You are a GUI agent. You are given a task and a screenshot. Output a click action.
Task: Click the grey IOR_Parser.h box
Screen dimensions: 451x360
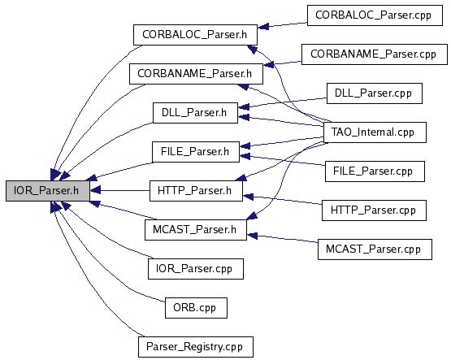[48, 191]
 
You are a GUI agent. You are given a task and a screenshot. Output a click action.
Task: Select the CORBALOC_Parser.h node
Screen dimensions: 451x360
[195, 35]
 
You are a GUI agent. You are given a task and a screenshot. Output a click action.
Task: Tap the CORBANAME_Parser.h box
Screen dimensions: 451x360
[196, 74]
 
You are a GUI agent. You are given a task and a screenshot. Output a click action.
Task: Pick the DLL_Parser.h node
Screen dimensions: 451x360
[195, 113]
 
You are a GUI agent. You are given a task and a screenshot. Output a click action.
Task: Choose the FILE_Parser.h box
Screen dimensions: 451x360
[196, 151]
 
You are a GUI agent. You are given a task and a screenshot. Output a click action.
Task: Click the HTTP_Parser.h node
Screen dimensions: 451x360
[196, 191]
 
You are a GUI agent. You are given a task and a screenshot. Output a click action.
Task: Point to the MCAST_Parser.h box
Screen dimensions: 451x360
[196, 230]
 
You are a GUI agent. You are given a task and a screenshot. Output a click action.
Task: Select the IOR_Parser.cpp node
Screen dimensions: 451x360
[196, 269]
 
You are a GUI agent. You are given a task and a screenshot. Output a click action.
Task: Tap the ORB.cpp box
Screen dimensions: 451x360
[196, 308]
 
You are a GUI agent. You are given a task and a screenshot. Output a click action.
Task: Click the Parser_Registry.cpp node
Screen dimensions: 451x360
[196, 347]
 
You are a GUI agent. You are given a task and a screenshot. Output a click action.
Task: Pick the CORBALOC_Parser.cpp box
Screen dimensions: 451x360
[375, 15]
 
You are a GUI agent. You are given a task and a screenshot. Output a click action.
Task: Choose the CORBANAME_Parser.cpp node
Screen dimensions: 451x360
[374, 54]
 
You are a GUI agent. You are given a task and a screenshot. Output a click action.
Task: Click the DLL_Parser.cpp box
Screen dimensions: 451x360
[374, 93]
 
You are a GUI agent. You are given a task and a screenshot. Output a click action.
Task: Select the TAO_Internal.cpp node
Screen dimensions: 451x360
[375, 132]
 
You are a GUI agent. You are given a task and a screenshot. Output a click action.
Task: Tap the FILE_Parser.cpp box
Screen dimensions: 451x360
[375, 171]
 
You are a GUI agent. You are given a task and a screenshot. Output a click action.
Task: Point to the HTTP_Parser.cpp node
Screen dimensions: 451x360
[374, 210]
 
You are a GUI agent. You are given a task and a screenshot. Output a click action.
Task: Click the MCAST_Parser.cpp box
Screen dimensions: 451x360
[375, 249]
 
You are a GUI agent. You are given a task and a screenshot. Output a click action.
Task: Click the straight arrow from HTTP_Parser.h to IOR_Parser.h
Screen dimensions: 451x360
[119, 190]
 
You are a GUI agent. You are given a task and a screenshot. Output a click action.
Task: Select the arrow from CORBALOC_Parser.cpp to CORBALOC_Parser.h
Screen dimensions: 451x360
[282, 25]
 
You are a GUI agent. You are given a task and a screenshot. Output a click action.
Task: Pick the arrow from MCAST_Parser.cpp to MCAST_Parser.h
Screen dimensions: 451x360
[282, 239]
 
